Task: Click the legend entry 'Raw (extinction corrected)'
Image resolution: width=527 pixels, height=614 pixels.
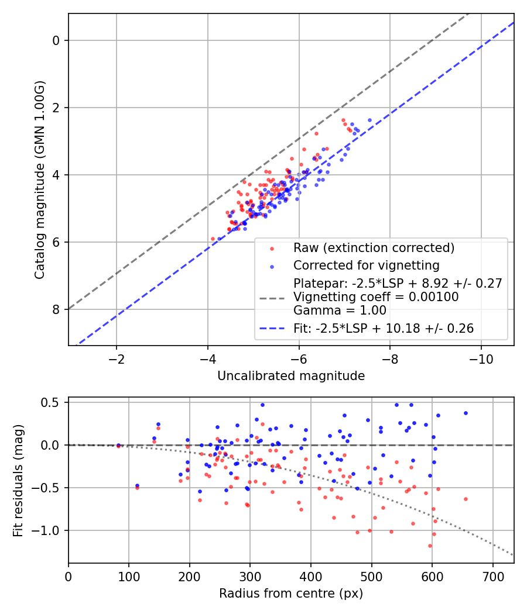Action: click(x=374, y=248)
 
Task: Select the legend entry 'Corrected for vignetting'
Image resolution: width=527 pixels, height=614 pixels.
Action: click(x=367, y=265)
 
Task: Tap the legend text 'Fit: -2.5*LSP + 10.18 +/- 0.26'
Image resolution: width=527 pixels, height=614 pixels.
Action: click(x=384, y=329)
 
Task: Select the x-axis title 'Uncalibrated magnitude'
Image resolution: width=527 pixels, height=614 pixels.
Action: click(x=291, y=376)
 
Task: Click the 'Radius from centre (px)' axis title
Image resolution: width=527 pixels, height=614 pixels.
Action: click(x=291, y=594)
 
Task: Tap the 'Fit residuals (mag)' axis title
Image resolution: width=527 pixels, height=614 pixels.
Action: click(x=18, y=480)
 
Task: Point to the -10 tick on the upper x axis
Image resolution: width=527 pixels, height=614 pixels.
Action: click(x=481, y=357)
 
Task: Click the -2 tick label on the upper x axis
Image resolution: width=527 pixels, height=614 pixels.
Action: click(x=117, y=357)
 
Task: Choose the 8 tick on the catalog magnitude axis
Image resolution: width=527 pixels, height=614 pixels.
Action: click(x=57, y=309)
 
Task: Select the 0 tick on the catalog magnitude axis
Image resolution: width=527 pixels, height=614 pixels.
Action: click(x=57, y=40)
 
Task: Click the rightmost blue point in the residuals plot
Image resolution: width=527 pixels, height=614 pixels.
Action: click(x=466, y=413)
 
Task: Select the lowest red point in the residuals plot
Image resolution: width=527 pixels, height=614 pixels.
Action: click(x=430, y=546)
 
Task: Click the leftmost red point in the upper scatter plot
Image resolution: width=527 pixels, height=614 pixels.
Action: click(x=213, y=239)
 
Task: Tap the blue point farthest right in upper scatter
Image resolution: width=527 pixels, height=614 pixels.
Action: click(x=369, y=120)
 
